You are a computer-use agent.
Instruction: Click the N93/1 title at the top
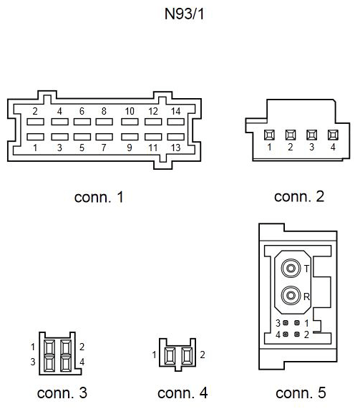click(184, 14)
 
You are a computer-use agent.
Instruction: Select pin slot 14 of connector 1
click(175, 122)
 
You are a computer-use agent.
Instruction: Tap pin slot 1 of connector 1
click(35, 137)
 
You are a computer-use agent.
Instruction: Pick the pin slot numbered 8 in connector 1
click(104, 122)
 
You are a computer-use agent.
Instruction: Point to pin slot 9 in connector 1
click(130, 137)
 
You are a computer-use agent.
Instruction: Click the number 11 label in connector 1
click(153, 148)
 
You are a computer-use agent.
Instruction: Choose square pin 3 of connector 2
click(312, 135)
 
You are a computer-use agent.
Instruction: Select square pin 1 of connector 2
click(269, 135)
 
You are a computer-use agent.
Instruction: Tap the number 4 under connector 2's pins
click(333, 147)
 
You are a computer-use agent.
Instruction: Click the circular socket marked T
click(291, 269)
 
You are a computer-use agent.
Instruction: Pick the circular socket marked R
click(291, 295)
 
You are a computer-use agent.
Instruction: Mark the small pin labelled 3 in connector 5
click(286, 322)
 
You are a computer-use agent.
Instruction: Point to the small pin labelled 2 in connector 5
click(297, 334)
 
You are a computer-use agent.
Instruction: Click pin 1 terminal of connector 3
click(49, 347)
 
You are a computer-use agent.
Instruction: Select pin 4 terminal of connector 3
click(66, 364)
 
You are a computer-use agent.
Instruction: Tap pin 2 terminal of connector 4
click(187, 356)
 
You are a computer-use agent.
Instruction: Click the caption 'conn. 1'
click(99, 197)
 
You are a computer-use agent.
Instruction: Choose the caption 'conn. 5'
click(301, 393)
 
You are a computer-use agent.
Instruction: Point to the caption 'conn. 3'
click(62, 393)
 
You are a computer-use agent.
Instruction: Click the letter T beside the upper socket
click(306, 269)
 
